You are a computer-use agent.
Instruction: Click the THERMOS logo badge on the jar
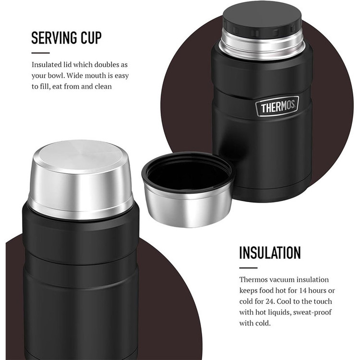[277, 106]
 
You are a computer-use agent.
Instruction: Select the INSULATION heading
[270, 253]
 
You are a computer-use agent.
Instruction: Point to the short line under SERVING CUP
[40, 53]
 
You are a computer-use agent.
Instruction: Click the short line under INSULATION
[248, 268]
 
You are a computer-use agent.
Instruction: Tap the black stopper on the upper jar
[262, 18]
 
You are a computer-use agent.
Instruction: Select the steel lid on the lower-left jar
[80, 179]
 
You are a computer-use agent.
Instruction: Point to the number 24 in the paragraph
[270, 301]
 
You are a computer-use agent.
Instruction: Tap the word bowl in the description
[56, 75]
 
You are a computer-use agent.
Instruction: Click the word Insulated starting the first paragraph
[47, 65]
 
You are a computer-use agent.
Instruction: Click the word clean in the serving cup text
[103, 86]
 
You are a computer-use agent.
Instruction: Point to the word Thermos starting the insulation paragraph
[253, 280]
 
